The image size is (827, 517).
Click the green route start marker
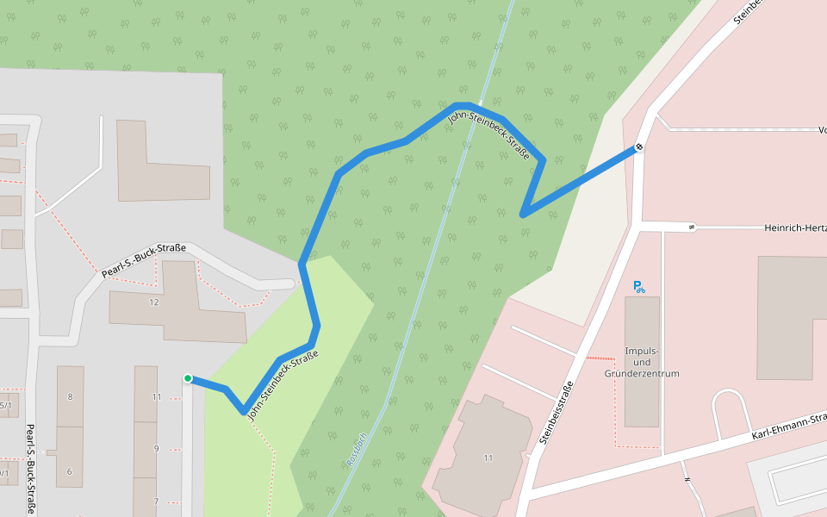(187, 378)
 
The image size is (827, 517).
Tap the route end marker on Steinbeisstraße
(640, 147)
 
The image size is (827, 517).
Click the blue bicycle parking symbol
(638, 287)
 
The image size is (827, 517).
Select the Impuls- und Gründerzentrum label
(642, 362)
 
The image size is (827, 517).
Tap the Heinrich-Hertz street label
(794, 228)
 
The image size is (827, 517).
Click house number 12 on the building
(154, 302)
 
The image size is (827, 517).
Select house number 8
(70, 397)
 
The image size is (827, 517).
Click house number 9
(156, 449)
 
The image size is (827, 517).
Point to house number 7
(156, 501)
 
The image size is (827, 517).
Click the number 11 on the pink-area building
(488, 458)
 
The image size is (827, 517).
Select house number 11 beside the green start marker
(156, 397)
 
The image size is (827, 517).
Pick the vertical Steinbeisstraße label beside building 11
(555, 413)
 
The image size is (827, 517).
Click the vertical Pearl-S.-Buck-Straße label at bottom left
(30, 469)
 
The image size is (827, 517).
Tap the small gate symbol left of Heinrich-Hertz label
(691, 228)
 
